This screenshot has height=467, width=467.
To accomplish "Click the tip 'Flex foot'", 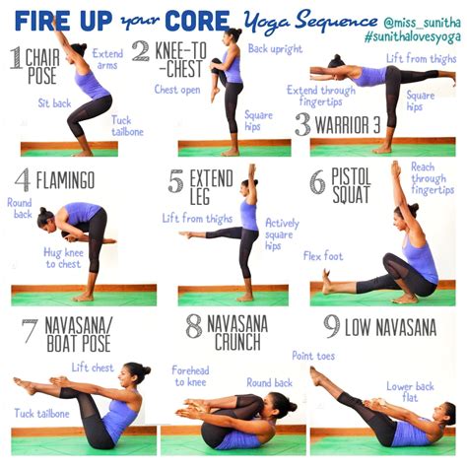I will point(323,256).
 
